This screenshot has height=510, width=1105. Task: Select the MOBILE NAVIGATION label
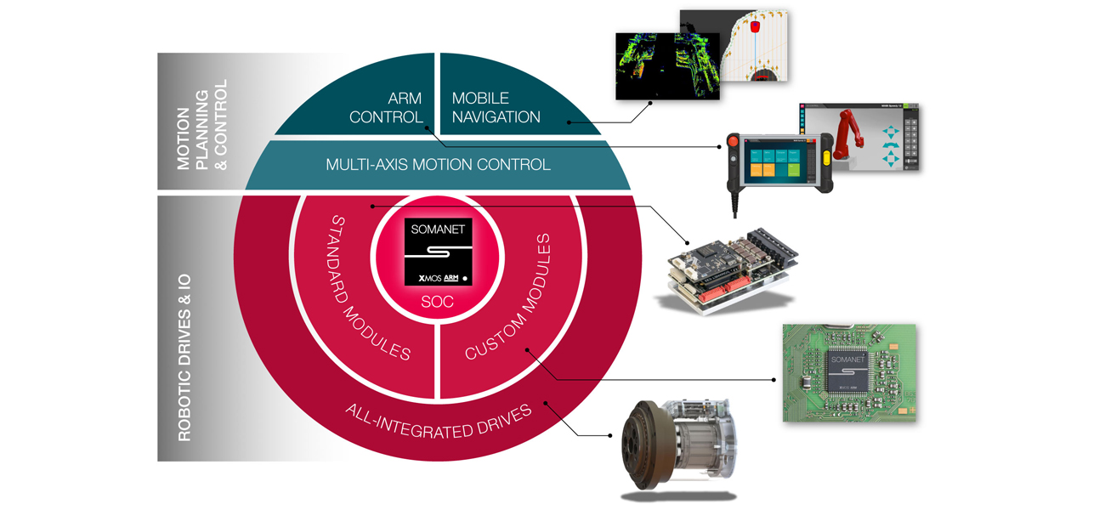pyautogui.click(x=496, y=107)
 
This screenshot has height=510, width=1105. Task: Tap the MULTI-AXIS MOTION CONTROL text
pyautogui.click(x=438, y=164)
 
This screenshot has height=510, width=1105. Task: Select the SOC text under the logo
pyautogui.click(x=438, y=301)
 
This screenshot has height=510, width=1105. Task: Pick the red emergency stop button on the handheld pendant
pyautogui.click(x=733, y=141)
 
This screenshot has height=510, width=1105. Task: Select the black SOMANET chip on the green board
pyautogui.click(x=847, y=371)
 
